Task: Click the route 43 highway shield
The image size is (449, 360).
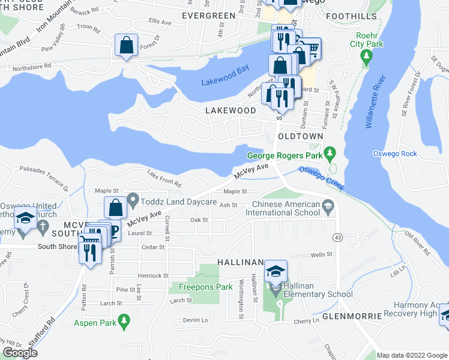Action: pos(339,238)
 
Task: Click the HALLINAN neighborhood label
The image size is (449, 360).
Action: pos(241,262)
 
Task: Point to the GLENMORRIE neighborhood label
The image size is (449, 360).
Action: pos(352,316)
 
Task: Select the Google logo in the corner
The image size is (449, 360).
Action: pos(20,353)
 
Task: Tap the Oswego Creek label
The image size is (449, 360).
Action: pos(321,178)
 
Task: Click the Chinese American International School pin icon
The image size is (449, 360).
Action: pos(328,208)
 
